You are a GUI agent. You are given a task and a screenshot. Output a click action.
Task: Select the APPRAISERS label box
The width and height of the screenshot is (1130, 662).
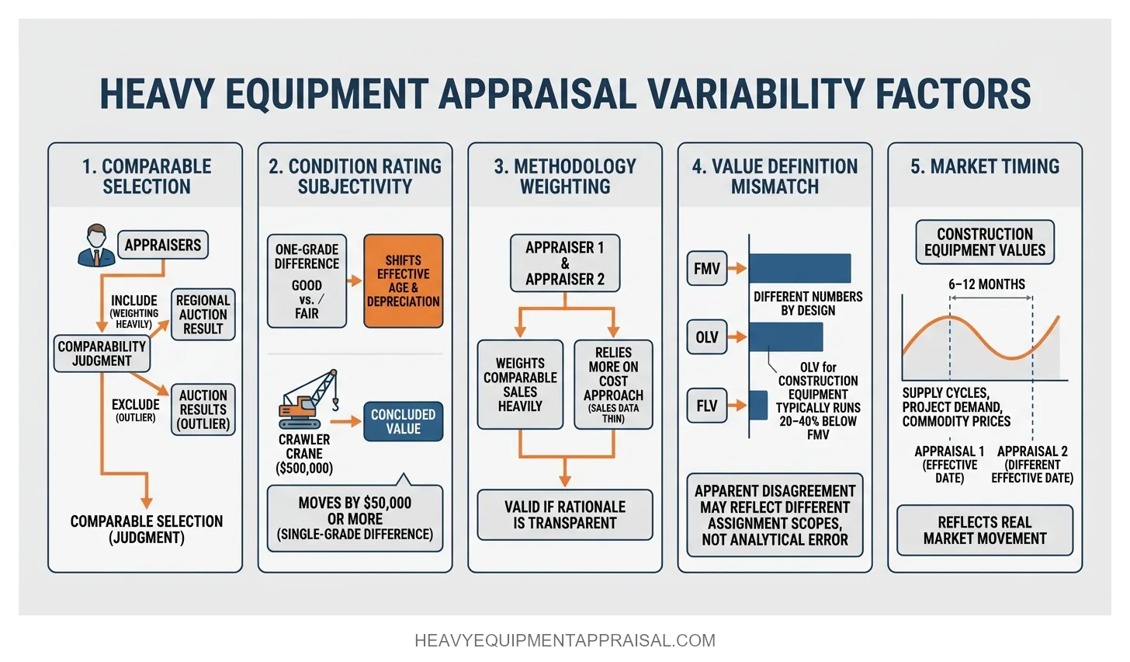click(x=162, y=245)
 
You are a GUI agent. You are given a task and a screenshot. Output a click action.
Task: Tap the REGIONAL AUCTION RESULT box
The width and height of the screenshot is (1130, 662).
click(x=203, y=315)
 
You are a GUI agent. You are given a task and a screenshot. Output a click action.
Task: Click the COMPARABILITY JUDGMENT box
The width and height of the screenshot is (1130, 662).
click(x=102, y=354)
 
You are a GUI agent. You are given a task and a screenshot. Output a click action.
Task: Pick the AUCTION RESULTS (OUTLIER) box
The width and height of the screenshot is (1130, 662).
click(x=203, y=409)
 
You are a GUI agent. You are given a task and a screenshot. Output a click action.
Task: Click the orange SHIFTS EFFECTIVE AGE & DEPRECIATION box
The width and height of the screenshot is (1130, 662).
click(x=403, y=281)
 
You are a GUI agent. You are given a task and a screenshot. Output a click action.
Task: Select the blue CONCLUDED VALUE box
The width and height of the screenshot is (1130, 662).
click(x=403, y=421)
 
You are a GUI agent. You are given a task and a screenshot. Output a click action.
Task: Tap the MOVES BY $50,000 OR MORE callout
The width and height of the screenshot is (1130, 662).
click(x=355, y=518)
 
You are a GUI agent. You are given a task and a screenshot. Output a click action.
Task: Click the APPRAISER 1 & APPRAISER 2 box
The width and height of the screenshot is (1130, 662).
click(x=564, y=263)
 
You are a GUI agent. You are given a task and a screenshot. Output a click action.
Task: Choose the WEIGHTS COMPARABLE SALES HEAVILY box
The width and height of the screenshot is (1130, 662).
click(x=520, y=385)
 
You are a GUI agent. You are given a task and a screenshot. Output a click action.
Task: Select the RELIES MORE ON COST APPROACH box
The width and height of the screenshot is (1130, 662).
click(x=613, y=385)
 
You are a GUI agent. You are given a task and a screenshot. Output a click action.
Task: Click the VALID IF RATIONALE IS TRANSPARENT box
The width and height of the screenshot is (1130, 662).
click(x=564, y=514)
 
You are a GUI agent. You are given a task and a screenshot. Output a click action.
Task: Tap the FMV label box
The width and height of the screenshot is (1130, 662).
click(x=706, y=269)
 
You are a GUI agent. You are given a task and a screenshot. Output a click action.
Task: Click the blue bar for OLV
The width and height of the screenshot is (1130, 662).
click(x=785, y=337)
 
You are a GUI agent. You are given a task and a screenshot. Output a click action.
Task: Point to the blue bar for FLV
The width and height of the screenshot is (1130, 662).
click(x=757, y=406)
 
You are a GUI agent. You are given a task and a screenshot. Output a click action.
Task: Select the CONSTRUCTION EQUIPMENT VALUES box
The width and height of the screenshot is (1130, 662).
click(x=984, y=242)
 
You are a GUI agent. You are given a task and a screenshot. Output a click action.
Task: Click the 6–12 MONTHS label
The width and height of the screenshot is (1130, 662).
click(x=986, y=284)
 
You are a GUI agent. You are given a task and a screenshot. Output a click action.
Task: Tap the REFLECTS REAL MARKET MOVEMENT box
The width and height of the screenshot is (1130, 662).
click(x=984, y=530)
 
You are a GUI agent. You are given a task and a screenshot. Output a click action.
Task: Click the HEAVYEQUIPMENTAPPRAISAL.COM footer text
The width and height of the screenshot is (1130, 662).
click(x=565, y=641)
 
